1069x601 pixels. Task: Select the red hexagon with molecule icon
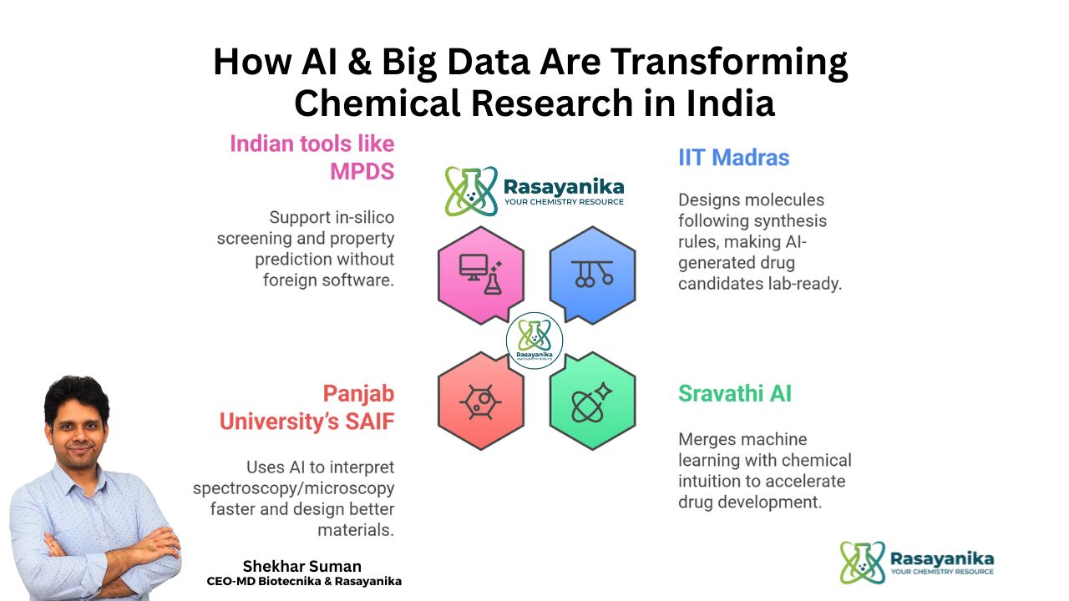click(x=481, y=402)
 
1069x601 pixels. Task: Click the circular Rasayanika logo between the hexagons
click(x=534, y=341)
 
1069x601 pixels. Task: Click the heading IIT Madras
click(x=733, y=157)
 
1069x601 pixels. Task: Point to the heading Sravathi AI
click(x=735, y=393)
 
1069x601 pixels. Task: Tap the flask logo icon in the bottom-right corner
click(x=862, y=563)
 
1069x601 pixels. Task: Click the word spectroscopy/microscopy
click(x=293, y=487)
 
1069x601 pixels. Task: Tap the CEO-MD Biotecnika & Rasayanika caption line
click(x=304, y=581)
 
